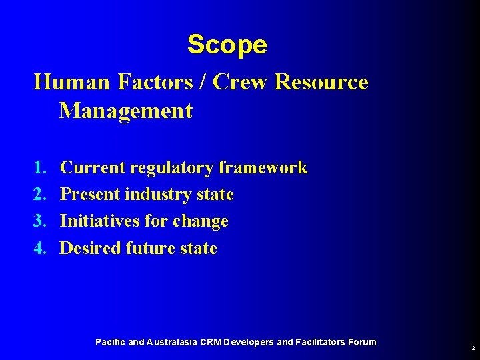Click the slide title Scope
(227, 45)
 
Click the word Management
(126, 111)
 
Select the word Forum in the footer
(362, 342)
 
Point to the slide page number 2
(473, 349)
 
